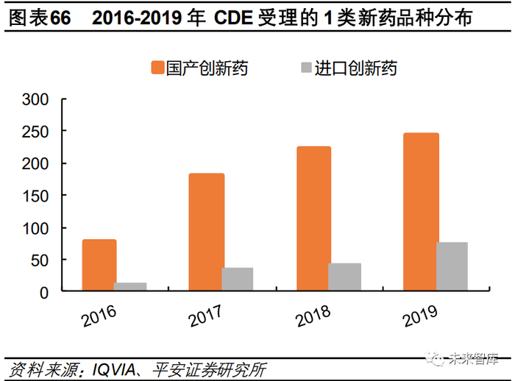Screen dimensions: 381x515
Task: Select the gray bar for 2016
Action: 129,287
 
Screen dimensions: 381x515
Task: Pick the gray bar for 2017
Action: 237,279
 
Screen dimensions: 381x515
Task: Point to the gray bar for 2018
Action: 344,277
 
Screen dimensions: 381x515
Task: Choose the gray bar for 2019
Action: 451,266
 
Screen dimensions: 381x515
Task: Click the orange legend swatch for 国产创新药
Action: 157,68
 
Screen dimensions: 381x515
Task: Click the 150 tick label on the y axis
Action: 35,196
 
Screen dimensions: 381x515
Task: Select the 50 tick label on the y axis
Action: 39,260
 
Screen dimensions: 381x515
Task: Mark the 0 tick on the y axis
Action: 43,292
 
